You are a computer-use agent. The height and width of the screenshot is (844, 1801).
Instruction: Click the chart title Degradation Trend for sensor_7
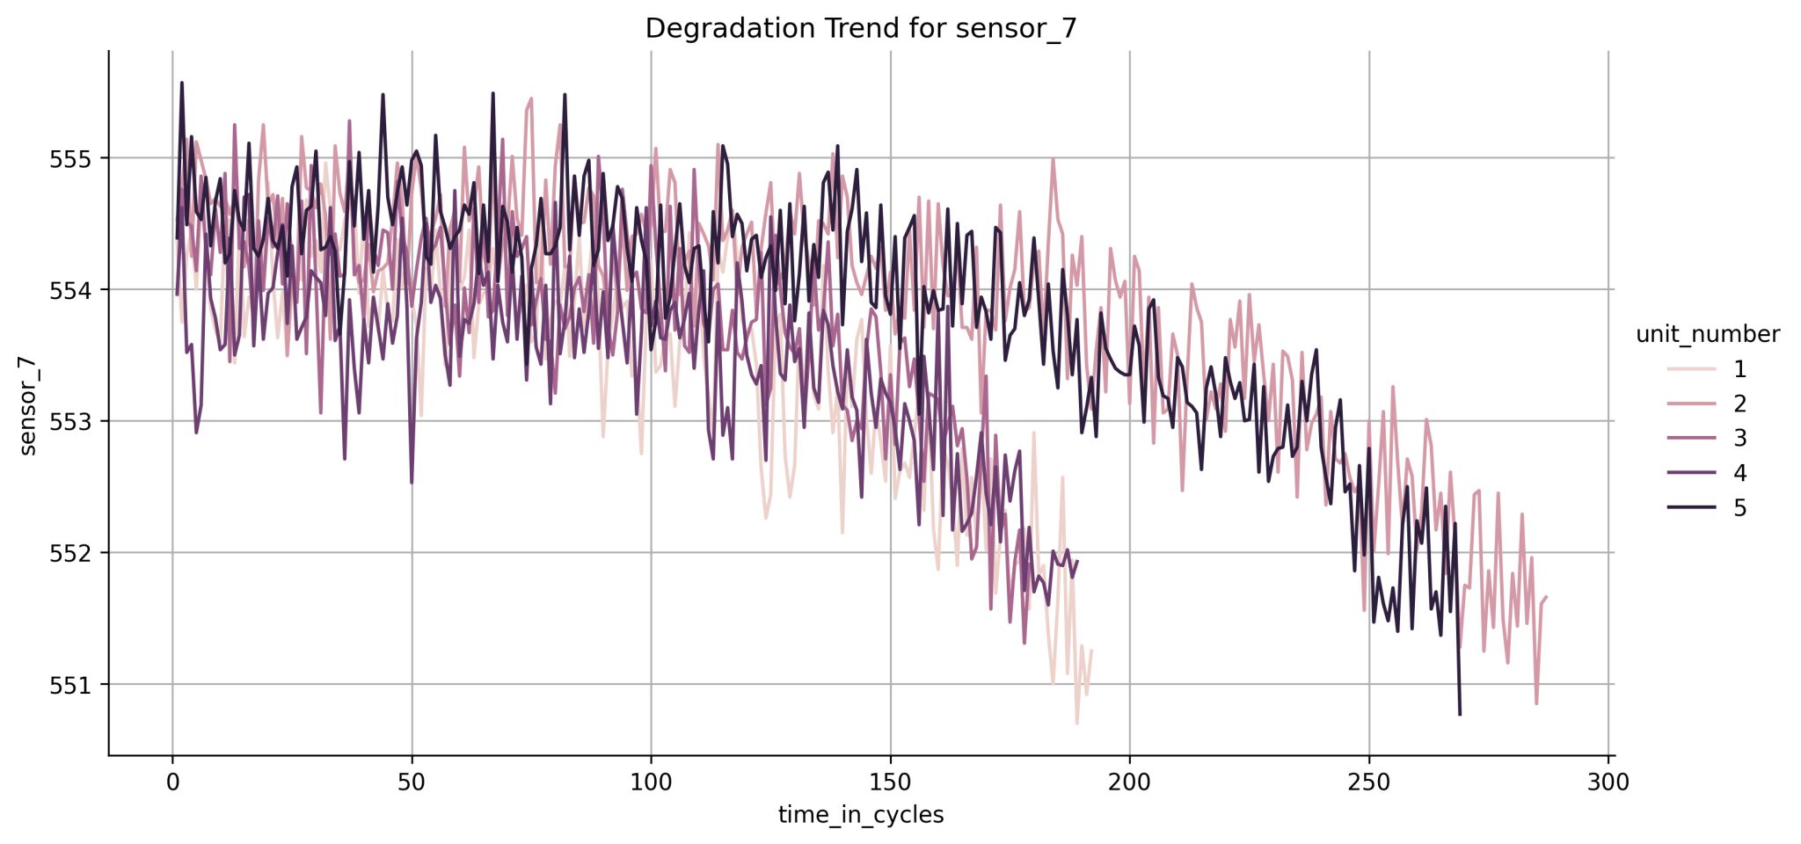pyautogui.click(x=860, y=28)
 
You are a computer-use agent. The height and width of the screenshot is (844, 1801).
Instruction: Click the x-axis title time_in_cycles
pyautogui.click(x=860, y=815)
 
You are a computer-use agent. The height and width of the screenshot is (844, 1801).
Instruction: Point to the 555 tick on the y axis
pyautogui.click(x=76, y=159)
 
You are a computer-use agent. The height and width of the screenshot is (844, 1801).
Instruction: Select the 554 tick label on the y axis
pyautogui.click(x=76, y=290)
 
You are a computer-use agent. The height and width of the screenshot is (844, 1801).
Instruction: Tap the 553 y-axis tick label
pyautogui.click(x=76, y=422)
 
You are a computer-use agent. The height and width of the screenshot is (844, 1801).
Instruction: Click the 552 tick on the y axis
pyautogui.click(x=76, y=553)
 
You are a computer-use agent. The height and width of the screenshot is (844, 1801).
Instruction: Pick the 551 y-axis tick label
pyautogui.click(x=76, y=685)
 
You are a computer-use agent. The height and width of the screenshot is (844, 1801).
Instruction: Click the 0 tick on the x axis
pyautogui.click(x=172, y=782)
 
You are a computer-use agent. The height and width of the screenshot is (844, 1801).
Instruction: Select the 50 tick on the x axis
pyautogui.click(x=412, y=782)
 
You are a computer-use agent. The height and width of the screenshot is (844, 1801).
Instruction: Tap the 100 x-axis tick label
pyautogui.click(x=651, y=782)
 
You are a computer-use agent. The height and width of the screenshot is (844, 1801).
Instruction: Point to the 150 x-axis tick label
pyautogui.click(x=890, y=782)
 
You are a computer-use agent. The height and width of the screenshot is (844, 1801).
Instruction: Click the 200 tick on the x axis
pyautogui.click(x=1129, y=782)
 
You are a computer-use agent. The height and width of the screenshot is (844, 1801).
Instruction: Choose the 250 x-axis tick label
pyautogui.click(x=1369, y=782)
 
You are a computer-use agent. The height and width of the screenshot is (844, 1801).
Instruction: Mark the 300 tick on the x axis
pyautogui.click(x=1608, y=782)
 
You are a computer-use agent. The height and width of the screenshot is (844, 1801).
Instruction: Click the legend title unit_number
pyautogui.click(x=1707, y=334)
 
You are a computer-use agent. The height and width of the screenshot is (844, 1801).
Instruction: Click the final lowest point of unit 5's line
pyautogui.click(x=1460, y=714)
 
